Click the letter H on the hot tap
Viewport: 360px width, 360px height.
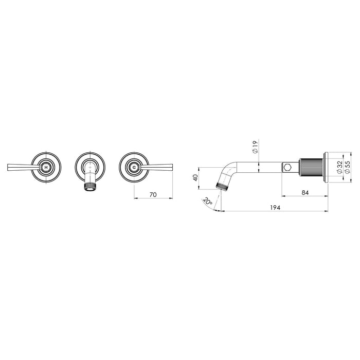coord(46,168)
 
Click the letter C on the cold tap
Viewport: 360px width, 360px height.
coord(134,168)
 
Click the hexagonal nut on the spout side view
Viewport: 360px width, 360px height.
coord(287,167)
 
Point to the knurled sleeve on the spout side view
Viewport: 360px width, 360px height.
coord(311,167)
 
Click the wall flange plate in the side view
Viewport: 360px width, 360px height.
coord(325,167)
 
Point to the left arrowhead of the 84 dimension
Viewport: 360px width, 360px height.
coord(283,196)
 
